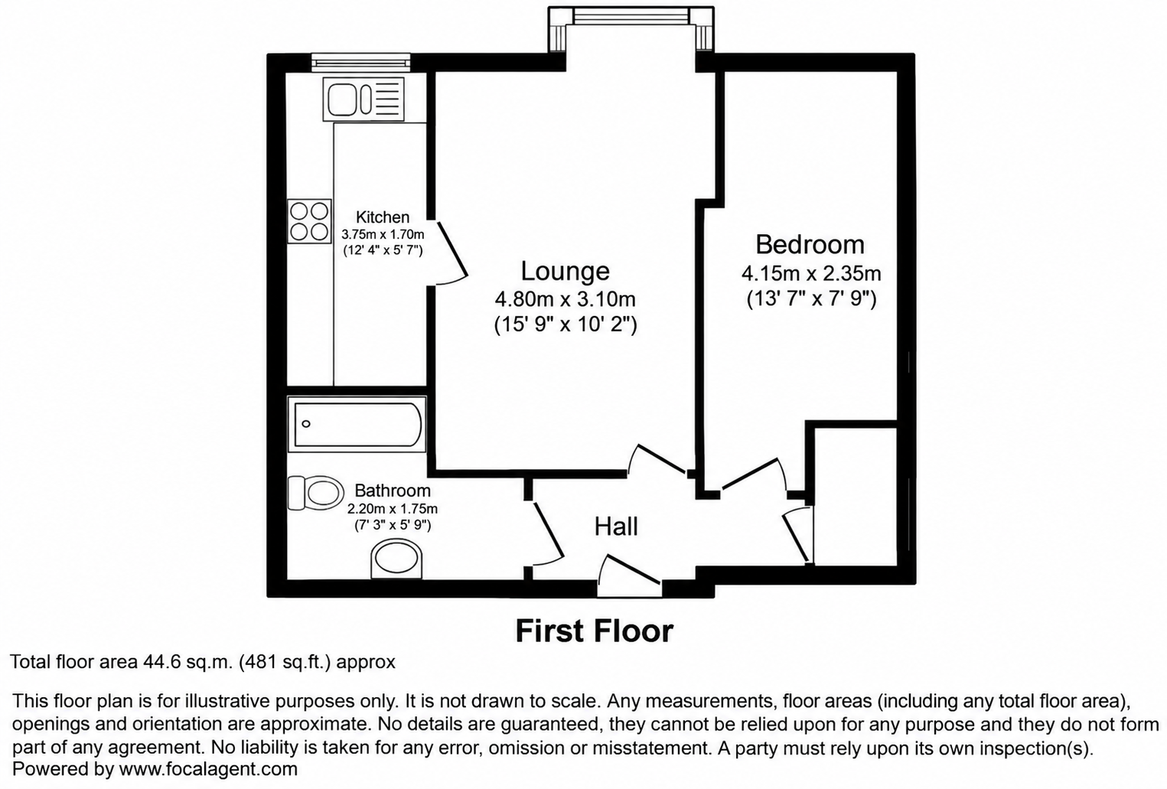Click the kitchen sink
click(x=363, y=99)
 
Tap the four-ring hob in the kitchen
click(x=309, y=221)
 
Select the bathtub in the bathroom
click(x=357, y=424)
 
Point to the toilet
click(x=316, y=493)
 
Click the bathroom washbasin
click(x=396, y=559)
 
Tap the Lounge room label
click(x=566, y=271)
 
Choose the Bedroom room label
click(x=810, y=244)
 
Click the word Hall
click(x=616, y=527)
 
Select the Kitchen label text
click(x=383, y=217)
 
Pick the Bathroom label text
click(x=393, y=491)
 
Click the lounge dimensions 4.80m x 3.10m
click(x=566, y=299)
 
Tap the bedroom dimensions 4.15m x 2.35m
click(x=811, y=273)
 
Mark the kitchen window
click(x=360, y=62)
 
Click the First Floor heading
click(x=595, y=631)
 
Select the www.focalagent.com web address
click(x=208, y=768)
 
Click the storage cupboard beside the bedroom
click(x=856, y=496)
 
